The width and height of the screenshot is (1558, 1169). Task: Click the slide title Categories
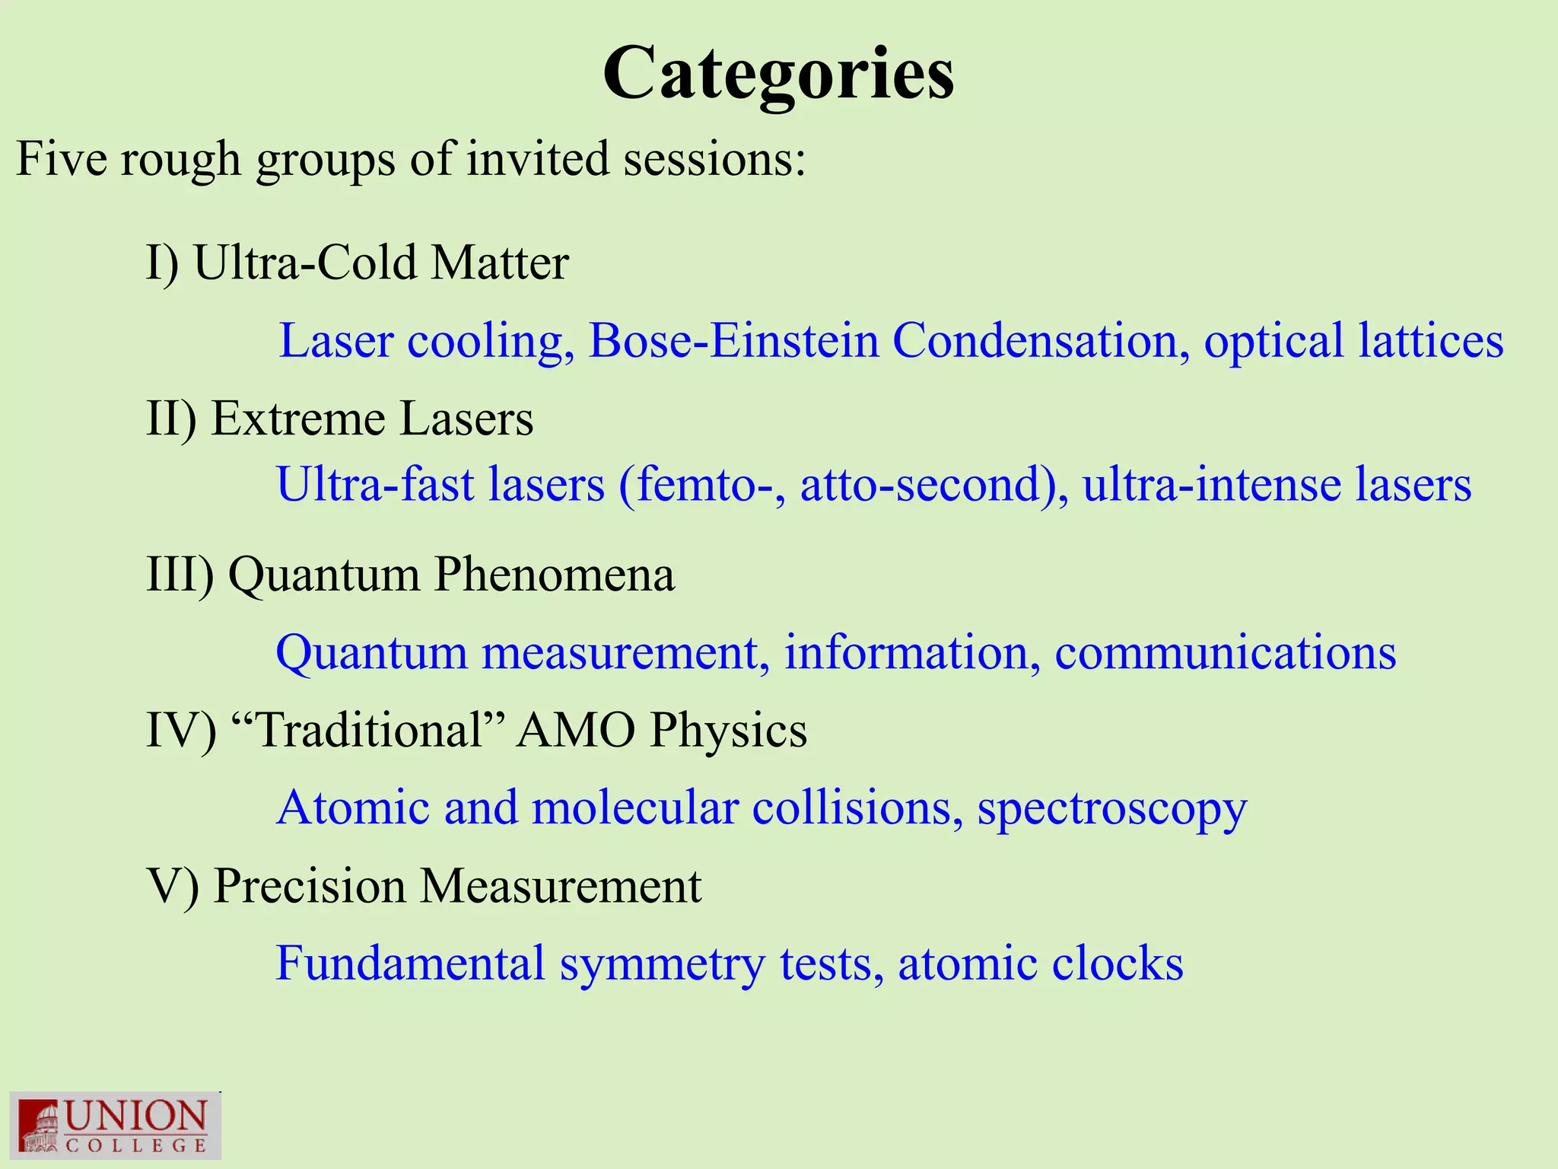[x=777, y=75]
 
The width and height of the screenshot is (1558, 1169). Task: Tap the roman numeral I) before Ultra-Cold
[x=162, y=263]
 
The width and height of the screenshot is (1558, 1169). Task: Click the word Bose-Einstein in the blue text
[x=733, y=341]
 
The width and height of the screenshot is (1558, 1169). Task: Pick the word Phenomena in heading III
[x=554, y=575]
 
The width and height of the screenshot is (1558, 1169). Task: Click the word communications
[x=1225, y=653]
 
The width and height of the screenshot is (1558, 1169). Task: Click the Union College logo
[x=115, y=1126]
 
